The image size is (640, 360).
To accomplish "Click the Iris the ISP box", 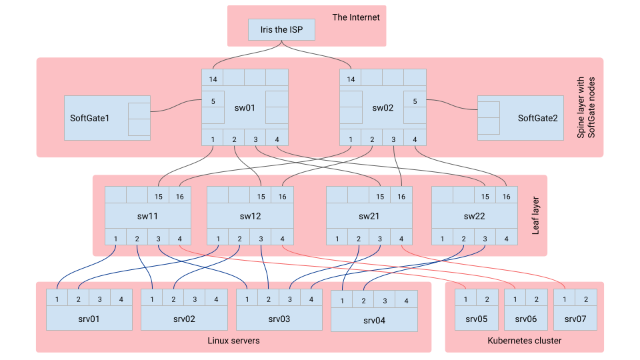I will (x=281, y=30).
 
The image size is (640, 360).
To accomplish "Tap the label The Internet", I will (x=355, y=17).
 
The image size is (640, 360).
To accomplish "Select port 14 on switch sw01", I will (x=213, y=79).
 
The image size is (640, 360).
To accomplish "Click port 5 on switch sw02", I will (x=415, y=102).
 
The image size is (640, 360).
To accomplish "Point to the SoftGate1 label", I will (x=89, y=118).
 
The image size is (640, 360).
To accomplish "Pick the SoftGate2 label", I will (x=537, y=118).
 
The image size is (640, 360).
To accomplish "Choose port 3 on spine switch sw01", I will (x=255, y=139).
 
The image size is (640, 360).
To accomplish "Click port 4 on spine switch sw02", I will (x=415, y=139).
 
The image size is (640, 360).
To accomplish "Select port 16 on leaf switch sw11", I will (x=180, y=197).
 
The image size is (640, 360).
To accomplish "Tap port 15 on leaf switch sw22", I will (x=485, y=197).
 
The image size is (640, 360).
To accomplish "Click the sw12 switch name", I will (x=250, y=216).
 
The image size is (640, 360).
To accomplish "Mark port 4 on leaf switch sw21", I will (x=401, y=239).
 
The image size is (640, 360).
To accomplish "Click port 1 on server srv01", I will (x=57, y=299).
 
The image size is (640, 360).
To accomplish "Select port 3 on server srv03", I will (x=290, y=299).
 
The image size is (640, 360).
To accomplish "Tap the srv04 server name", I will (x=374, y=321).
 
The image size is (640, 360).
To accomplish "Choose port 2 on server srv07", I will (x=586, y=299).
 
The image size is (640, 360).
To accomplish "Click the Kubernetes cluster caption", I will (x=525, y=341).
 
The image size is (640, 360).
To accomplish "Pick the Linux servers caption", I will (x=233, y=341).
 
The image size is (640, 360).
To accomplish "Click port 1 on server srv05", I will (x=465, y=299).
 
